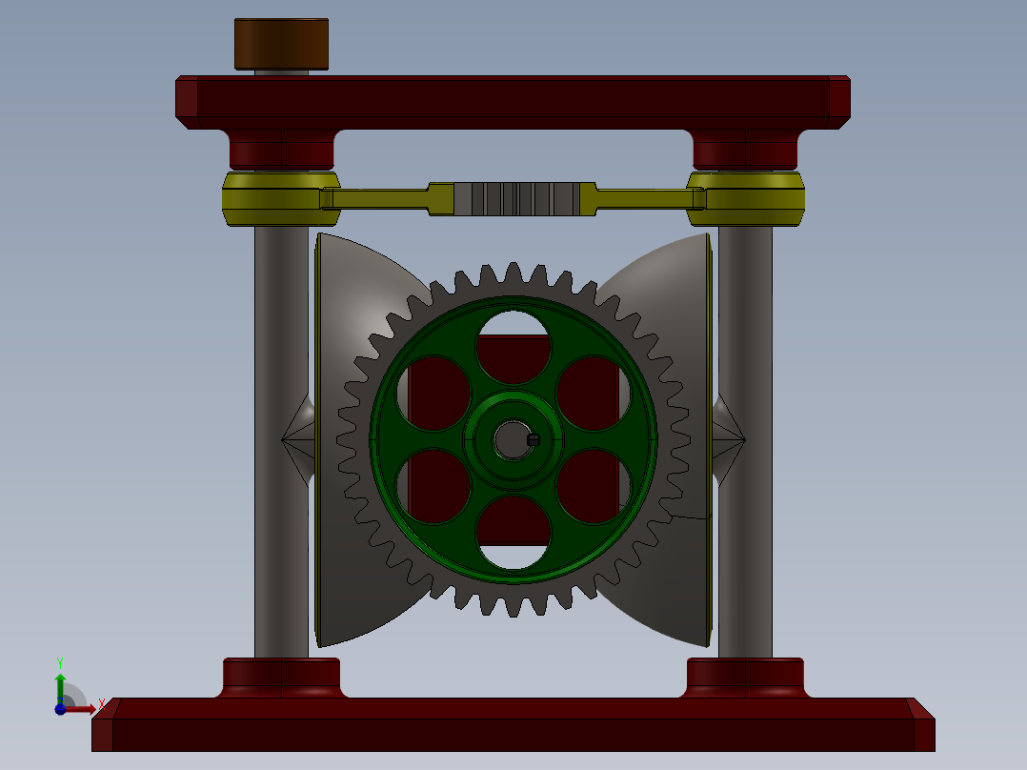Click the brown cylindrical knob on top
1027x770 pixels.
pos(281,44)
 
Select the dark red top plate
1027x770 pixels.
pos(513,97)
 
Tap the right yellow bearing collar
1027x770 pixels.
pos(746,198)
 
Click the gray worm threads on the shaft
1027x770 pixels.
pos(515,198)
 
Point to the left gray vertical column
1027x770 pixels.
pos(281,429)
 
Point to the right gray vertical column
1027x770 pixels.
pos(746,429)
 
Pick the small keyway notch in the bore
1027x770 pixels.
pos(533,439)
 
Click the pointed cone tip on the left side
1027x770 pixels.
pos(286,439)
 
